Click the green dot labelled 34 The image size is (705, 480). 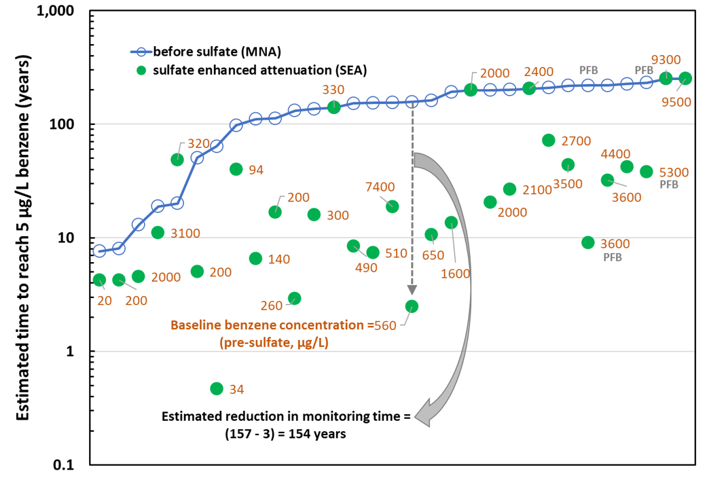point(217,388)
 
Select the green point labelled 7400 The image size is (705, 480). point(393,206)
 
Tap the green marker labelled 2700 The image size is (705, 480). point(549,140)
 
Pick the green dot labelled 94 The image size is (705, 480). point(236,169)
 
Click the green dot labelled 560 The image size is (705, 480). point(412,306)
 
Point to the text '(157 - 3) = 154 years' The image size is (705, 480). point(285,435)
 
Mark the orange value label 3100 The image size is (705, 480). point(185,233)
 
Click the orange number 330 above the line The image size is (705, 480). point(333,89)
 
